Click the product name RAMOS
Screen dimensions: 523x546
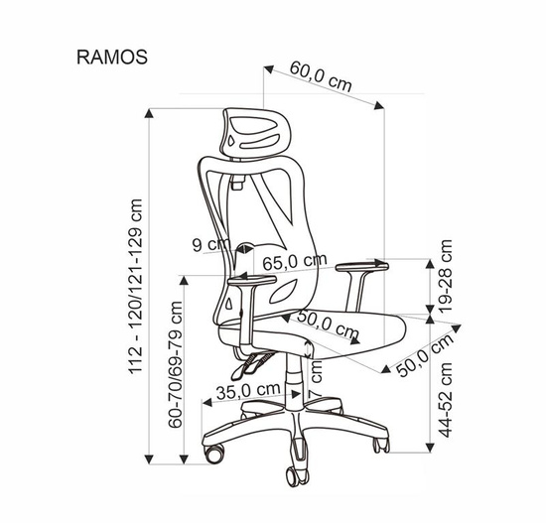point(112,57)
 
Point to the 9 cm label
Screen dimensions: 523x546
point(211,244)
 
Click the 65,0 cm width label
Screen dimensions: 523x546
point(295,262)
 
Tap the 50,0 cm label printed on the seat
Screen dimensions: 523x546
point(328,324)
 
